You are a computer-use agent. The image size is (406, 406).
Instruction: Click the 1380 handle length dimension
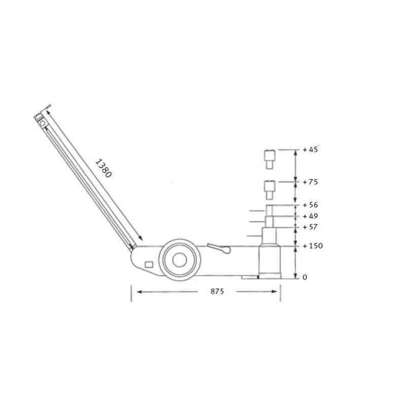104,168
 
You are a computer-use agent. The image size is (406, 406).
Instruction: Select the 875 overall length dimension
217,291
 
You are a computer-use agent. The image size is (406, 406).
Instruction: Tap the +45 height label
310,149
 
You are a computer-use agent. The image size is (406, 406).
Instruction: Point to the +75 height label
310,182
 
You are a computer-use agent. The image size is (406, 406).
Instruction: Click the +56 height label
310,205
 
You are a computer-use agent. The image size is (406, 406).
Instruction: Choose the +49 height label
310,216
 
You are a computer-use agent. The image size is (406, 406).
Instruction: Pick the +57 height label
310,227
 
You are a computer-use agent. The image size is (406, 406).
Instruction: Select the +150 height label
313,246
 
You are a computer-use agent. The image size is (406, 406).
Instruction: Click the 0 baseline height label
305,277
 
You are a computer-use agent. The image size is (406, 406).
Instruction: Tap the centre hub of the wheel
180,260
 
